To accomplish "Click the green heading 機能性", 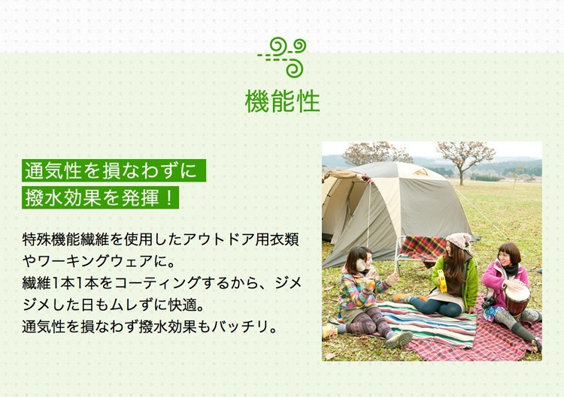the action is [282, 101].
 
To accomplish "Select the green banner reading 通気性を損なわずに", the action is [114, 170].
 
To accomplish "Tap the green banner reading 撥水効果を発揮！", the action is [100, 197].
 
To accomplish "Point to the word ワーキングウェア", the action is [95, 261].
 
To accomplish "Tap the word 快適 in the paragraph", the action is [183, 305].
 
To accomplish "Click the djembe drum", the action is [517, 299].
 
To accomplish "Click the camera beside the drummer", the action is [488, 302].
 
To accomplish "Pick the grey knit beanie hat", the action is [459, 241].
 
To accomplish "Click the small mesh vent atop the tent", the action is [421, 173].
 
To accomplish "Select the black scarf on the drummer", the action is [511, 269].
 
